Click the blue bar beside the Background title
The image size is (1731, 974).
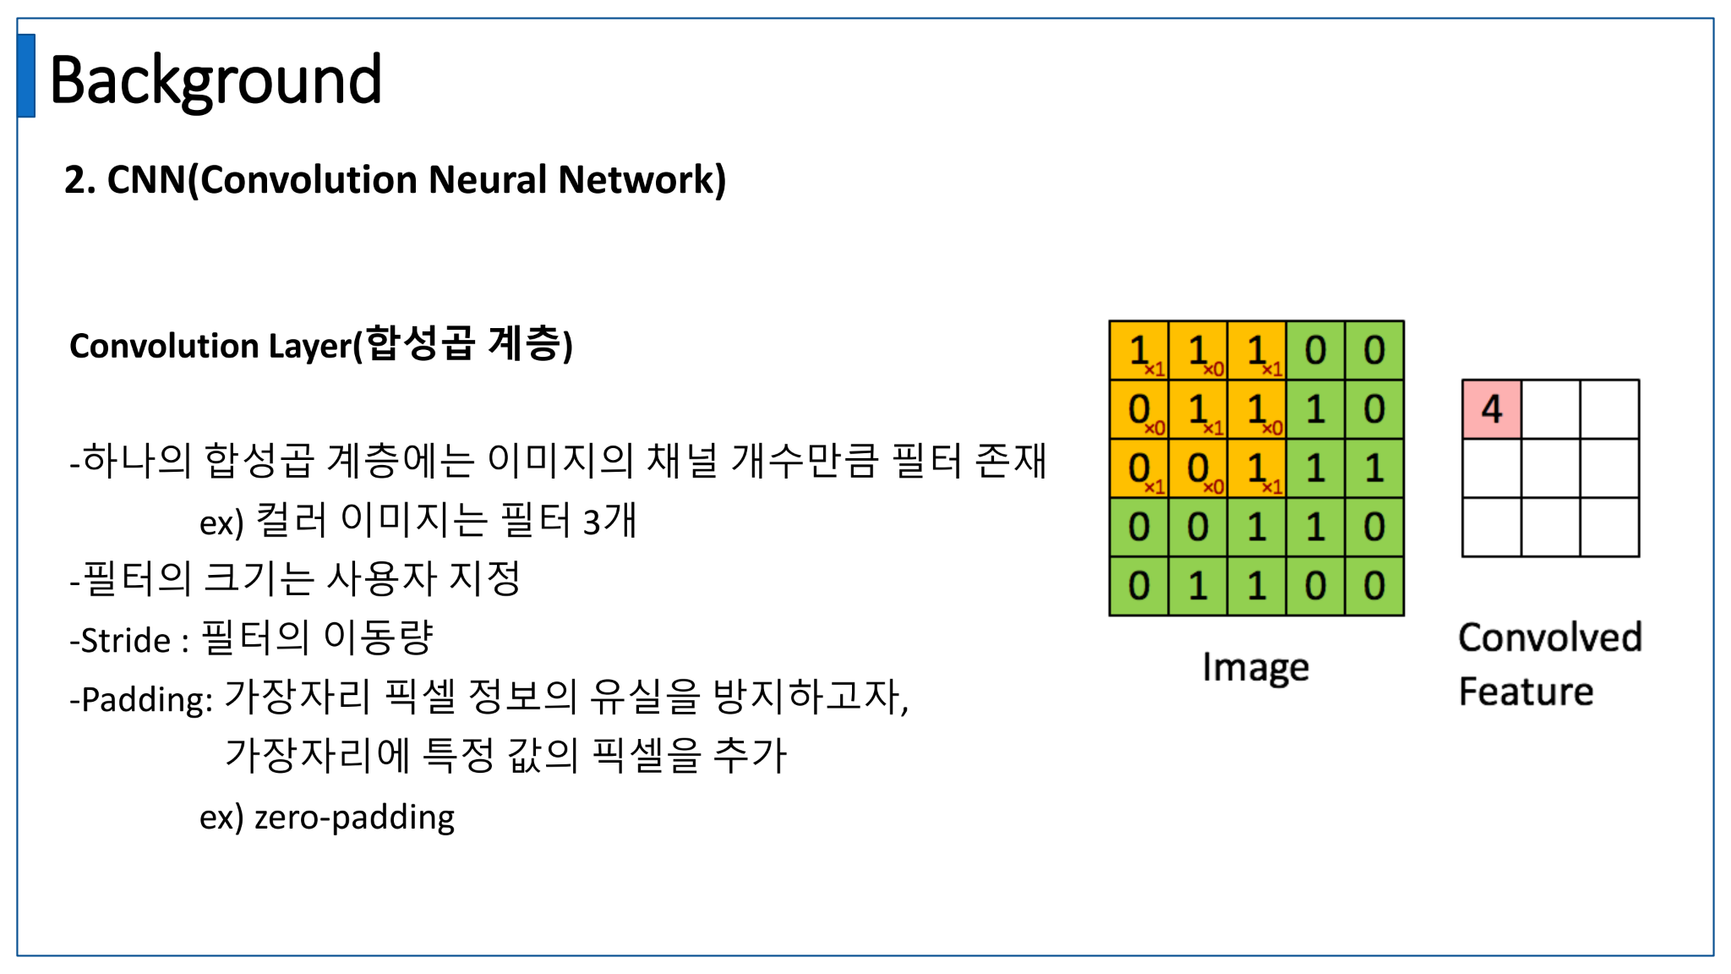click(x=26, y=75)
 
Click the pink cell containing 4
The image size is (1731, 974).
click(x=1492, y=409)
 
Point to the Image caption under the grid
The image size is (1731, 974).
click(x=1255, y=668)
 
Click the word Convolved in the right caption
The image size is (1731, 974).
click(x=1549, y=637)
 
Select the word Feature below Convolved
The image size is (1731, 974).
click(x=1526, y=692)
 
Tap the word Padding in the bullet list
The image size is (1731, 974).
click(x=146, y=700)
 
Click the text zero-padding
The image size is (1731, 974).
click(x=354, y=817)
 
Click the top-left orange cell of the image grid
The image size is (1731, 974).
click(x=1139, y=350)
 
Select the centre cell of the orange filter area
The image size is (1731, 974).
click(x=1198, y=409)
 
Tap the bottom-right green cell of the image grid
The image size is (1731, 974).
click(x=1374, y=586)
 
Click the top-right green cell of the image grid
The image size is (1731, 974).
click(x=1374, y=350)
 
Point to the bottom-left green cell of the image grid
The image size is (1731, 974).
click(x=1139, y=586)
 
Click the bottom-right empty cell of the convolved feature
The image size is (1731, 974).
click(x=1609, y=528)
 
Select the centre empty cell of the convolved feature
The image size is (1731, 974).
click(x=1550, y=468)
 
